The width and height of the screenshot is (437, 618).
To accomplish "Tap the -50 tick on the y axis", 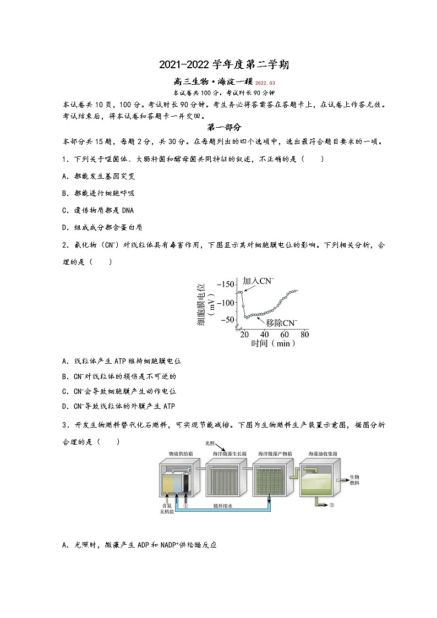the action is point(227,320).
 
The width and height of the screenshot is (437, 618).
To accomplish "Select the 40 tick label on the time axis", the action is point(265,335).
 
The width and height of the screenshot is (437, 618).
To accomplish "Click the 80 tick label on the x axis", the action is point(304,335).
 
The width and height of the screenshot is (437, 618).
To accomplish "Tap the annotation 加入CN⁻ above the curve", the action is point(259,281).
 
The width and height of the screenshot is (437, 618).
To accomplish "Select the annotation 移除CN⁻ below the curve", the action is point(281,323).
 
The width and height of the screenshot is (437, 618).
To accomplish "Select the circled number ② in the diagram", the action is point(332,505).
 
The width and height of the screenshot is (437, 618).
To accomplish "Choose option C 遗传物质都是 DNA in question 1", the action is point(98,210).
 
